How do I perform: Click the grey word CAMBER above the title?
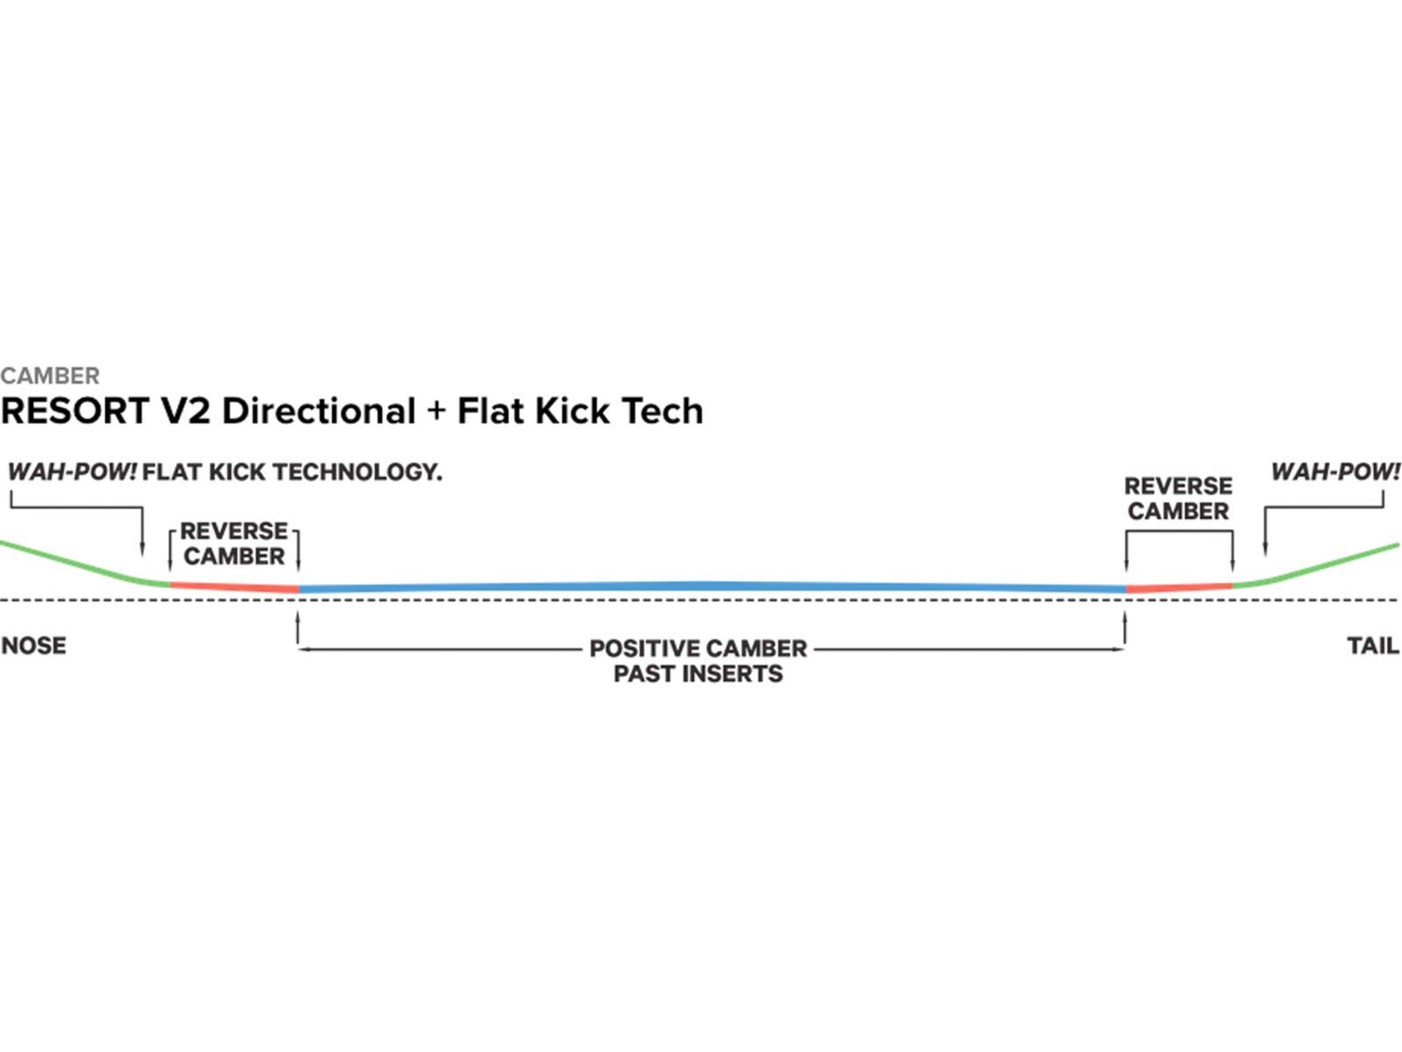[50, 376]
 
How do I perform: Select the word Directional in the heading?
[319, 411]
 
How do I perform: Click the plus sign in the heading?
[436, 411]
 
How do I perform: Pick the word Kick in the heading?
[573, 411]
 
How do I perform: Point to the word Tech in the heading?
[662, 411]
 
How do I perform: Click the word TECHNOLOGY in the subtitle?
[358, 473]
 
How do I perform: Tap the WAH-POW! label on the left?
[72, 473]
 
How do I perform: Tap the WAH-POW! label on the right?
[1335, 473]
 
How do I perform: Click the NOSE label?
[33, 646]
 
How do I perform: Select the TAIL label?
[1372, 646]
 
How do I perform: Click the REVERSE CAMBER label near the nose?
[234, 544]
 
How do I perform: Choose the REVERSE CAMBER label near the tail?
[1178, 498]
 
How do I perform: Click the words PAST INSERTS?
[698, 674]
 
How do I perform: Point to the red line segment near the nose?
[234, 586]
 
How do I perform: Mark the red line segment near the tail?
[1179, 587]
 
